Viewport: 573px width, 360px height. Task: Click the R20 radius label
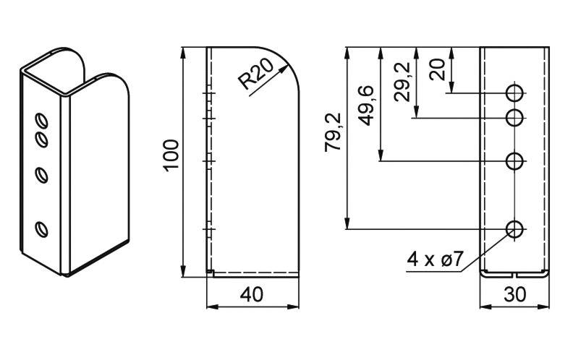tap(256, 75)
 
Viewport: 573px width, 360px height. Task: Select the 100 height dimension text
tap(171, 155)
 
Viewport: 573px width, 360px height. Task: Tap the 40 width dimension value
tap(252, 294)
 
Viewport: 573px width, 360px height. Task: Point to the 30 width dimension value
tap(514, 294)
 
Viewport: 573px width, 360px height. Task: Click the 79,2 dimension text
tap(333, 132)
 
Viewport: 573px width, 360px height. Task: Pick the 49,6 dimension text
tap(367, 105)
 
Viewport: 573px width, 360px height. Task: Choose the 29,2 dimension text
tap(402, 82)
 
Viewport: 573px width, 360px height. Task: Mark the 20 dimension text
tap(438, 69)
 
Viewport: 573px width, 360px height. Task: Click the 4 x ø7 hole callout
tap(435, 260)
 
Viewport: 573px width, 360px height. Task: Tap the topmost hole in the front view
tap(514, 93)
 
